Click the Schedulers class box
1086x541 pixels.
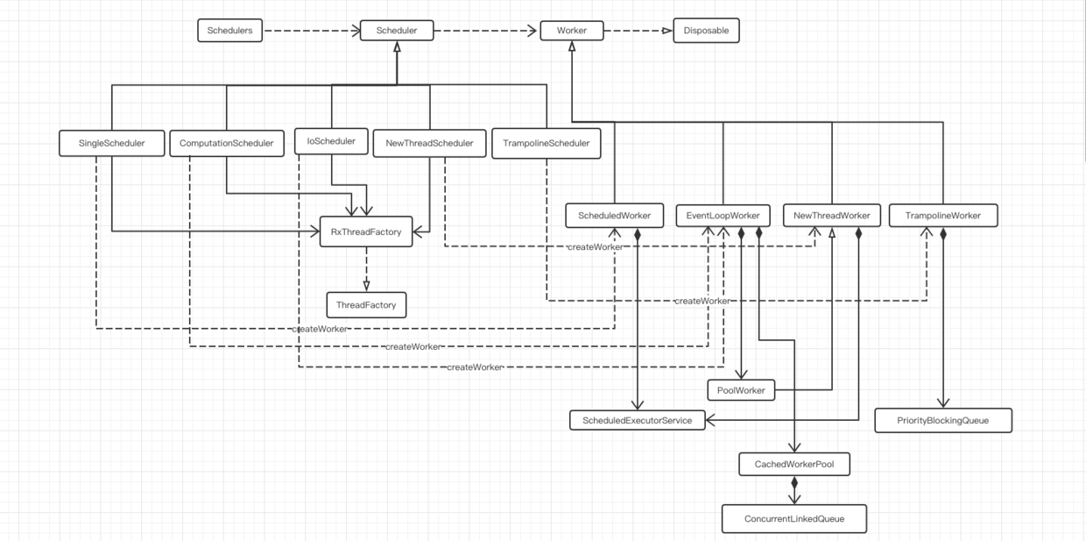click(x=229, y=31)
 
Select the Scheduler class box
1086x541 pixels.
click(x=397, y=31)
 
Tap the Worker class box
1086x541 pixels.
click(x=570, y=31)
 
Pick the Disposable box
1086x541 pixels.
click(x=706, y=31)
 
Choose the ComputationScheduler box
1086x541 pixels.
click(x=226, y=142)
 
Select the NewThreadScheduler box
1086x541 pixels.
click(x=429, y=142)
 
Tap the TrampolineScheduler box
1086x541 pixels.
click(x=547, y=142)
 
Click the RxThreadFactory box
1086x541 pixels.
click(x=366, y=231)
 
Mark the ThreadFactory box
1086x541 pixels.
click(x=366, y=304)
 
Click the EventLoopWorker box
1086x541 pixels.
click(x=723, y=215)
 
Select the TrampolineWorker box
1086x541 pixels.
click(x=942, y=215)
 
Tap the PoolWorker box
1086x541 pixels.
click(x=741, y=388)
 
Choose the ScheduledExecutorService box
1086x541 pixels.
click(x=637, y=420)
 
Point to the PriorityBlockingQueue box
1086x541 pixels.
click(x=943, y=420)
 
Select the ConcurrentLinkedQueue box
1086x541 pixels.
click(x=794, y=518)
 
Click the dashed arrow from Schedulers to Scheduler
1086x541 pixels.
click(x=312, y=32)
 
